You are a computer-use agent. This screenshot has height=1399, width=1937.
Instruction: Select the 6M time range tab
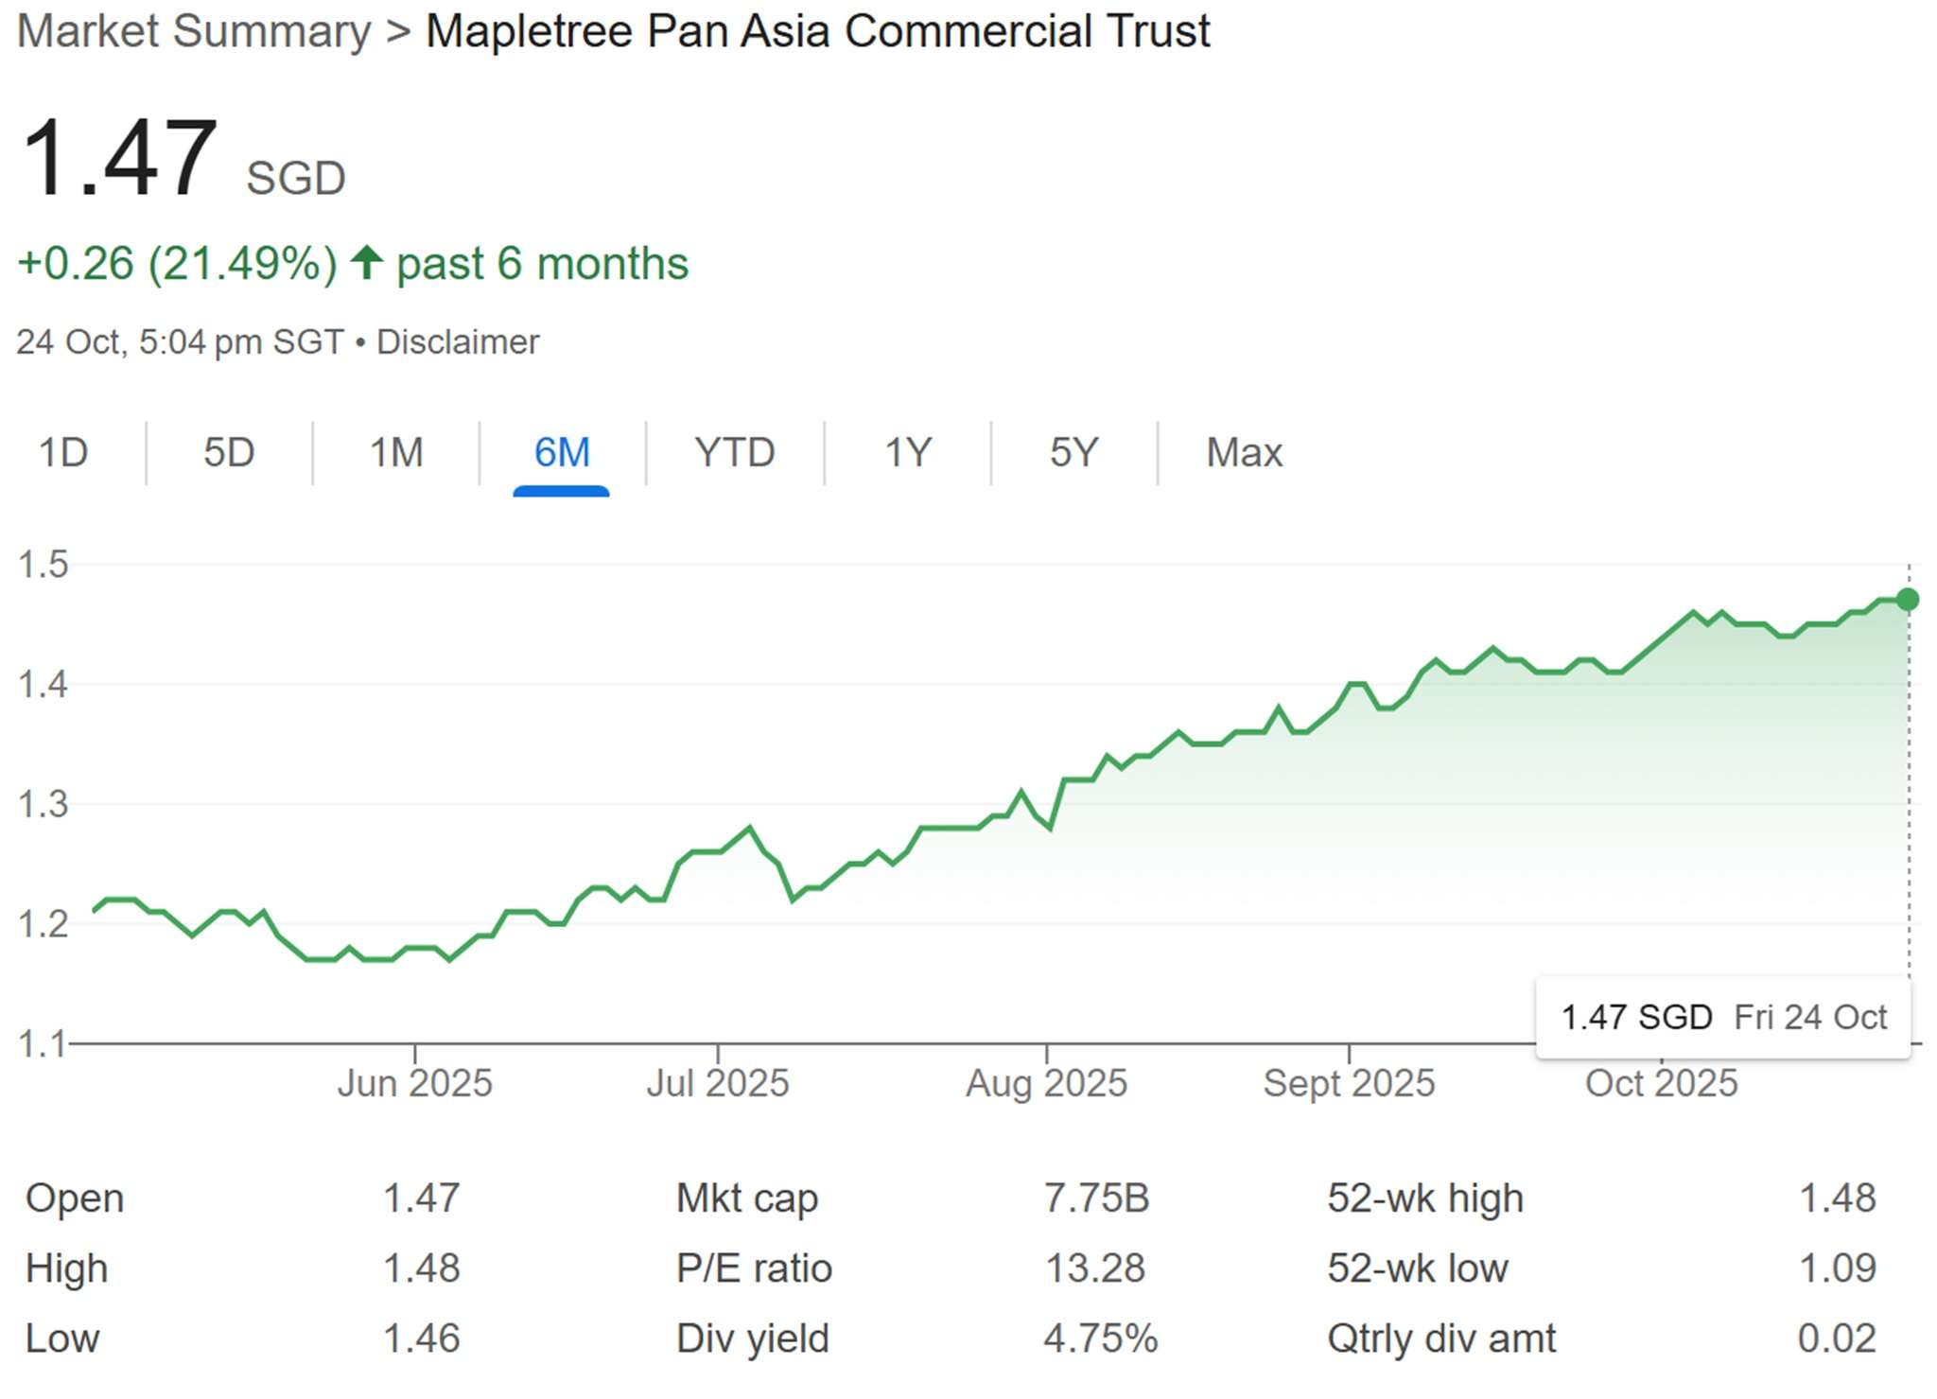click(561, 452)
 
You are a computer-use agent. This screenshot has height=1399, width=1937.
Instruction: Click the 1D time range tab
click(62, 452)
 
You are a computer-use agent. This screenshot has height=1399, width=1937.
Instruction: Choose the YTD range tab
click(734, 452)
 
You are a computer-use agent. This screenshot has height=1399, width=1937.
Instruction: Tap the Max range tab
click(1244, 452)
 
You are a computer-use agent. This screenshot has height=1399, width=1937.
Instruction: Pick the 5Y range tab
click(1073, 452)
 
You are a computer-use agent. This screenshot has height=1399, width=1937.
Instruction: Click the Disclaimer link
click(458, 341)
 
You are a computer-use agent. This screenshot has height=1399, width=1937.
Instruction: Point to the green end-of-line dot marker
click(1908, 599)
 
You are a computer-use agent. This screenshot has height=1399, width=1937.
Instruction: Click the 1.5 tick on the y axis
click(44, 564)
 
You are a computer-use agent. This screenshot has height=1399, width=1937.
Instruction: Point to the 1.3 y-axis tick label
click(44, 804)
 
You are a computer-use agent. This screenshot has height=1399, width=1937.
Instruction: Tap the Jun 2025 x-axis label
click(414, 1083)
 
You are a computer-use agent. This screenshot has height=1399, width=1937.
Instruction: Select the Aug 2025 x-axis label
click(1046, 1083)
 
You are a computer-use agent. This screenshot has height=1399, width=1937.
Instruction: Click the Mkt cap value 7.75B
click(1096, 1198)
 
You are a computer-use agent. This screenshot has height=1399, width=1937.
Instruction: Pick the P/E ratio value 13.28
click(1094, 1268)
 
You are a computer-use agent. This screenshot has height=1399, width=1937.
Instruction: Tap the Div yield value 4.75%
click(1100, 1338)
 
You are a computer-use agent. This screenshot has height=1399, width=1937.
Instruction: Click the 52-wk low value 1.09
click(1837, 1268)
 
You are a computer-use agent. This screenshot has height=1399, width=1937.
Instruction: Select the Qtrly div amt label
click(1440, 1338)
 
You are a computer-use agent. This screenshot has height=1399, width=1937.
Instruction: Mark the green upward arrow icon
click(366, 262)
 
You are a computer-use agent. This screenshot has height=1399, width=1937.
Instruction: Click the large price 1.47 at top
click(119, 158)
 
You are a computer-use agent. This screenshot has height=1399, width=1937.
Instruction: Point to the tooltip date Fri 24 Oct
click(1809, 1017)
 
